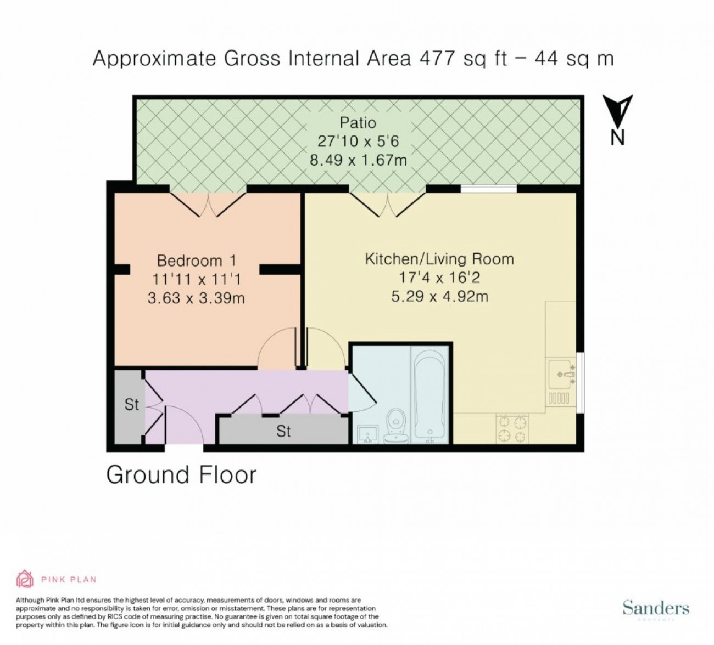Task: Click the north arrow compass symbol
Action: pyautogui.click(x=618, y=120)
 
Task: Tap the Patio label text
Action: pyautogui.click(x=358, y=123)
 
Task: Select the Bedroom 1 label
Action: pyautogui.click(x=197, y=261)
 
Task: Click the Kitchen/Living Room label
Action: pyautogui.click(x=439, y=259)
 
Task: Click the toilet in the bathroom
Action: pyautogui.click(x=396, y=426)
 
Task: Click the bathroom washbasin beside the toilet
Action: pyautogui.click(x=366, y=434)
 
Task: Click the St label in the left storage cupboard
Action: pyautogui.click(x=131, y=404)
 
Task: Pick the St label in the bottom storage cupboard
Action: pyautogui.click(x=283, y=431)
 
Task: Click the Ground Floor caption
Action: pyautogui.click(x=181, y=475)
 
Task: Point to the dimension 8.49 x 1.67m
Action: pyautogui.click(x=358, y=160)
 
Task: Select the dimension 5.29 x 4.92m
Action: pyautogui.click(x=439, y=296)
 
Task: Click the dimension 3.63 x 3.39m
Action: pyautogui.click(x=196, y=298)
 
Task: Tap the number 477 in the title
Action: pyautogui.click(x=437, y=59)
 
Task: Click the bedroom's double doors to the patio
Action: pyautogui.click(x=208, y=204)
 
